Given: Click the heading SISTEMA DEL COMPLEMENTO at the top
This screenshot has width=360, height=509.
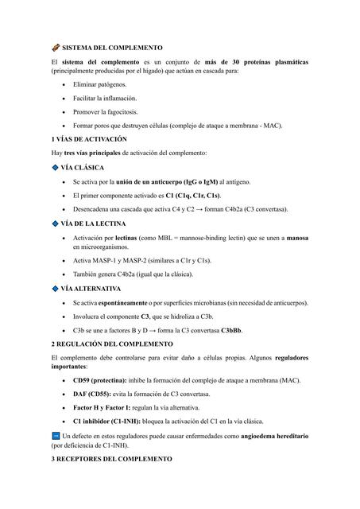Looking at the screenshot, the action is pos(111,48).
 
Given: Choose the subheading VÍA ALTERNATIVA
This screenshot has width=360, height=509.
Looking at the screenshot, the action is pos(95,288).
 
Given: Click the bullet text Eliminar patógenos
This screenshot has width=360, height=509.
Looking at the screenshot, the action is pos(99,84).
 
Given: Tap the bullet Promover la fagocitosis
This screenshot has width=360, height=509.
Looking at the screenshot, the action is pos(104,111).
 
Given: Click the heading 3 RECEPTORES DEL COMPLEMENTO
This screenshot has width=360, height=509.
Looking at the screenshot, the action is pos(110,460).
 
